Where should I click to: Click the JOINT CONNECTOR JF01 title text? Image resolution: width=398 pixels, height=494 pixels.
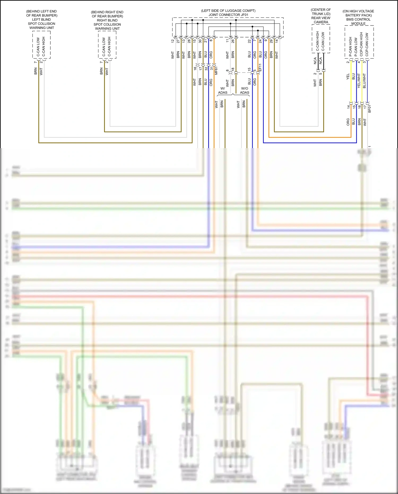[x=228, y=15]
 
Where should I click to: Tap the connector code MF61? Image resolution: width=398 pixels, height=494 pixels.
[x=216, y=71]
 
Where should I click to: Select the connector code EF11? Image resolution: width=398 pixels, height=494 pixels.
[x=260, y=67]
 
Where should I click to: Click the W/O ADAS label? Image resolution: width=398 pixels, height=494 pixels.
[x=245, y=91]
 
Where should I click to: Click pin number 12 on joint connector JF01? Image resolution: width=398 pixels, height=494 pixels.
[x=173, y=41]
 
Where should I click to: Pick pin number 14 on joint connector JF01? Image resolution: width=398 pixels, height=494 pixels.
[x=277, y=41]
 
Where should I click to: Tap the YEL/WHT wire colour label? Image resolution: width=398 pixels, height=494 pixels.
[x=359, y=81]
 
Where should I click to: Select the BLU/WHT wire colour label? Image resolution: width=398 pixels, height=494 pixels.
[x=364, y=81]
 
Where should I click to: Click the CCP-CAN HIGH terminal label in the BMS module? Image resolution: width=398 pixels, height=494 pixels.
[x=361, y=44]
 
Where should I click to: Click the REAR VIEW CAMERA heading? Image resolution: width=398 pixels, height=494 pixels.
[x=321, y=20]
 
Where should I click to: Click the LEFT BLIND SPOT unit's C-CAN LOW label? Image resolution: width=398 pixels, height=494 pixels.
[x=38, y=47]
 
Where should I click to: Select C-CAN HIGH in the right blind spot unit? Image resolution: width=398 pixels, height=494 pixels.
[x=109, y=47]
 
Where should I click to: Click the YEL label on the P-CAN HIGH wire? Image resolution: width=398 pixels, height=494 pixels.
[x=348, y=77]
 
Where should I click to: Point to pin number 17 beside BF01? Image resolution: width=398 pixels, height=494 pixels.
[x=365, y=107]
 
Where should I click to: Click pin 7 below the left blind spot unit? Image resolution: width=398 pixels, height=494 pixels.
[x=35, y=62]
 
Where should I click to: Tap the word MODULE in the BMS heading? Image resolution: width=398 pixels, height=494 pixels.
[x=358, y=24]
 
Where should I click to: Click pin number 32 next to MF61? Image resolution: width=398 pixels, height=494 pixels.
[x=206, y=68]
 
